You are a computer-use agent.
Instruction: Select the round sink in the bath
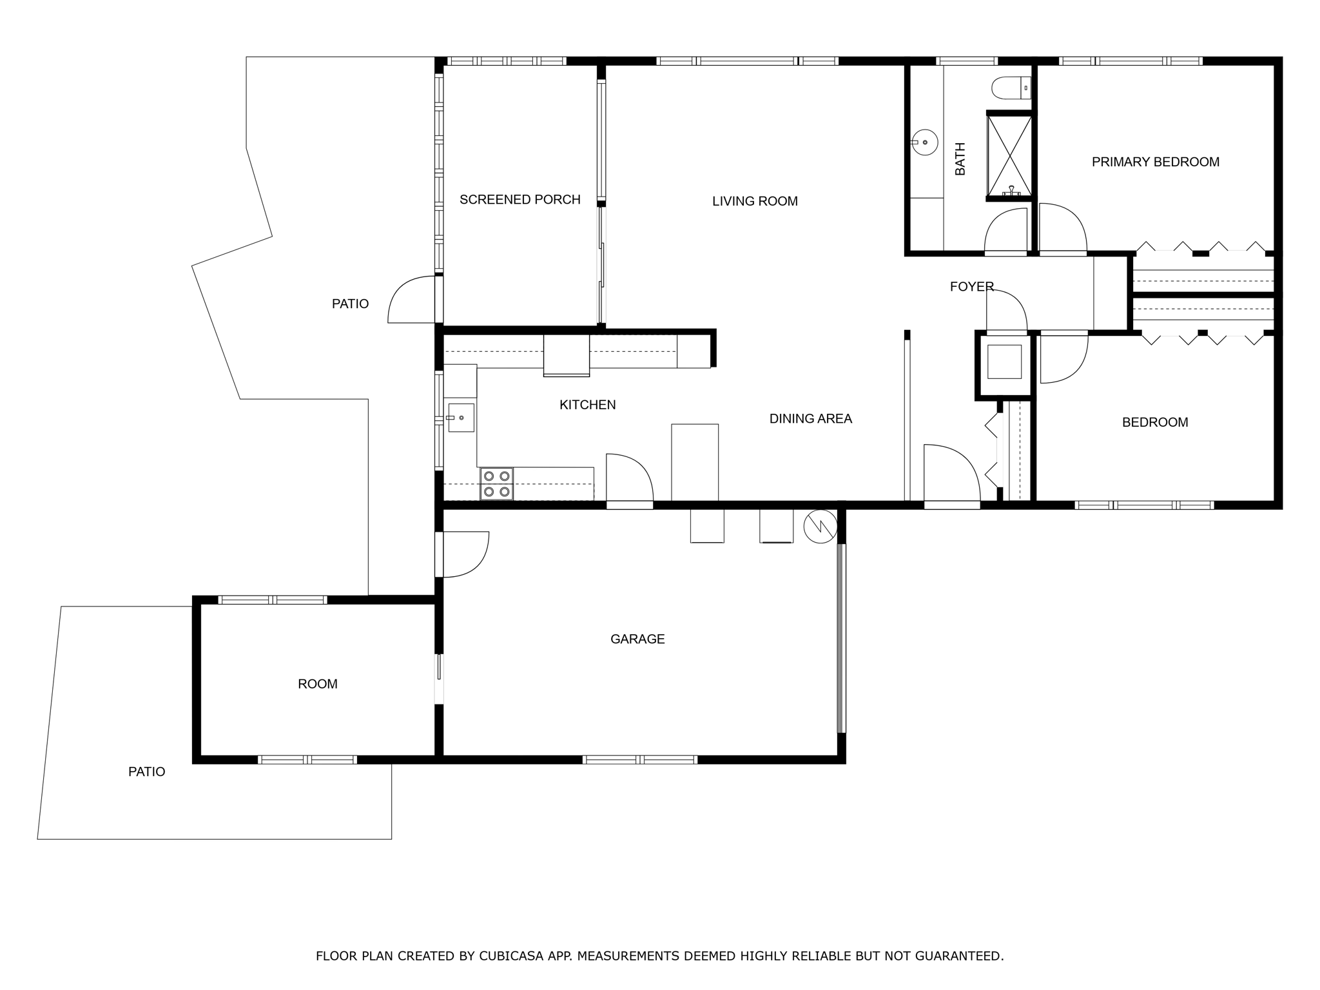tap(924, 142)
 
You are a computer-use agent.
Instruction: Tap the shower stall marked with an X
tap(1009, 155)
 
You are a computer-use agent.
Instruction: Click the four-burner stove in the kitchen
tap(496, 483)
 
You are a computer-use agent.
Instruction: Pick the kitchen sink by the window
tap(461, 418)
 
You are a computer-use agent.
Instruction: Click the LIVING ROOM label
tap(755, 201)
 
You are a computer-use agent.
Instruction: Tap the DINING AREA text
tap(810, 419)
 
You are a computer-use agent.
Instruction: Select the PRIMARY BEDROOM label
tap(1155, 162)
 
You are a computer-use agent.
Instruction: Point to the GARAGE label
tap(637, 639)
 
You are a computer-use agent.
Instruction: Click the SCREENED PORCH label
tap(519, 200)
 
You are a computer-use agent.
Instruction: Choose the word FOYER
tap(971, 286)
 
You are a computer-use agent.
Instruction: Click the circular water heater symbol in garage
tap(820, 526)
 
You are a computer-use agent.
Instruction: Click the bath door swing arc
tap(1006, 231)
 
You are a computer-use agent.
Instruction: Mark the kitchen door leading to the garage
tap(628, 478)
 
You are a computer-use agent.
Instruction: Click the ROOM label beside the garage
tap(317, 684)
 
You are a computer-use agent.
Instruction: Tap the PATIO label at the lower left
tap(146, 772)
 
